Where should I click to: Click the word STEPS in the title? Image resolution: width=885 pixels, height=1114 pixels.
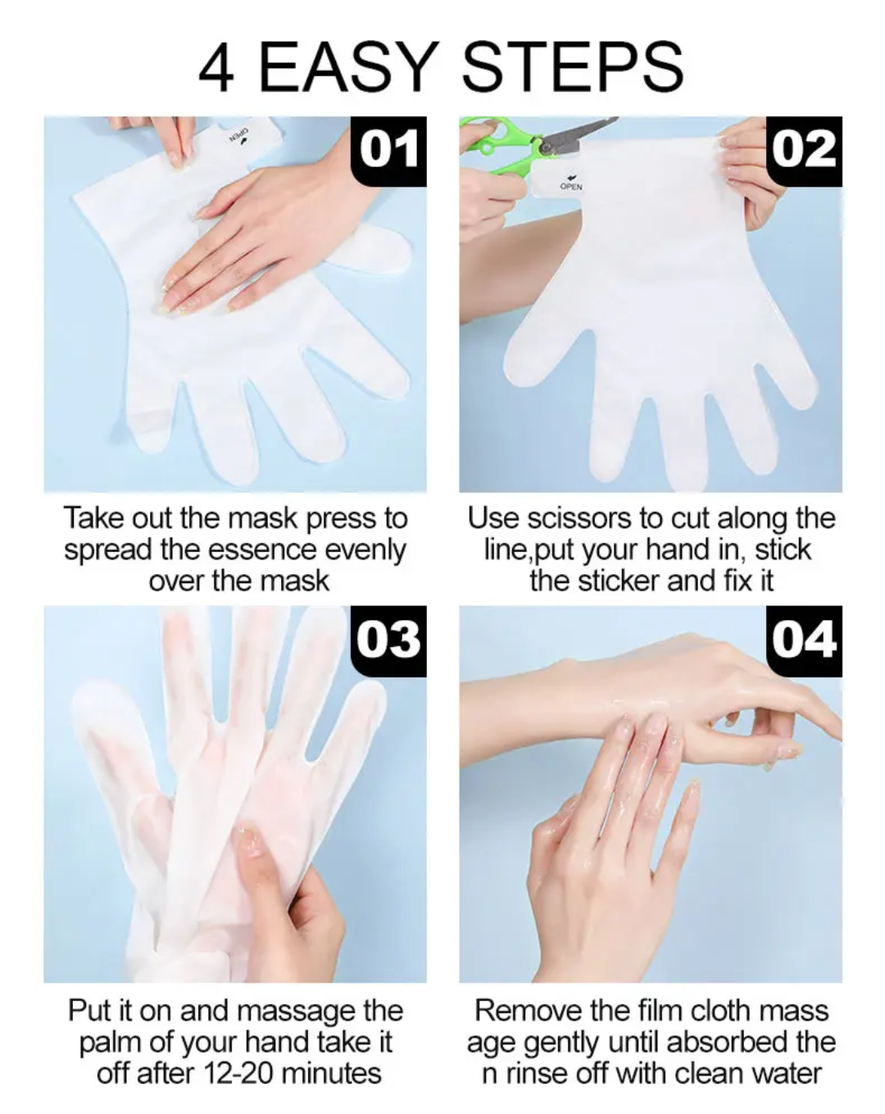coord(572,67)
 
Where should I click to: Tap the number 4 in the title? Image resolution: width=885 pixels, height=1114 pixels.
coord(216,68)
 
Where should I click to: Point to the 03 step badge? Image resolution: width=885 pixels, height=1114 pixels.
coord(388,641)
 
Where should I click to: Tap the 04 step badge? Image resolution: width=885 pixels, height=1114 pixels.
coord(804,641)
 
